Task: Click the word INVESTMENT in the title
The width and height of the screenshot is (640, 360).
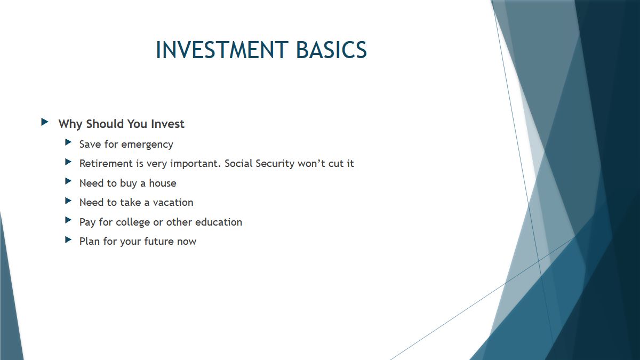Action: [222, 50]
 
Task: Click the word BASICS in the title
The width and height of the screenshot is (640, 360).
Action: [331, 50]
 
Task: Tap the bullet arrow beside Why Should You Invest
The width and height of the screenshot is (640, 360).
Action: [45, 122]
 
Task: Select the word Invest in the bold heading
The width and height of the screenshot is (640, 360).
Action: [167, 124]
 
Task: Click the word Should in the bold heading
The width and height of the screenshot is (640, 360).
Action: [105, 124]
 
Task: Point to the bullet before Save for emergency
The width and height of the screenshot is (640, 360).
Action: [68, 142]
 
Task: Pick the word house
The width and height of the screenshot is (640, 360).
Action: [163, 183]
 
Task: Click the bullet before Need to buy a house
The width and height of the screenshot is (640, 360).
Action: [68, 181]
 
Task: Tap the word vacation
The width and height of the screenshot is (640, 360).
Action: [173, 203]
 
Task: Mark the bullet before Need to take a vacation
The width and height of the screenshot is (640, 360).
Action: [68, 201]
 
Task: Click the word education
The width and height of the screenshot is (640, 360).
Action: [219, 222]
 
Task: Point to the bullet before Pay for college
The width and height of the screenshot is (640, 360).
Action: [68, 220]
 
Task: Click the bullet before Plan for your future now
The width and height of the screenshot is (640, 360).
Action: [68, 239]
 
